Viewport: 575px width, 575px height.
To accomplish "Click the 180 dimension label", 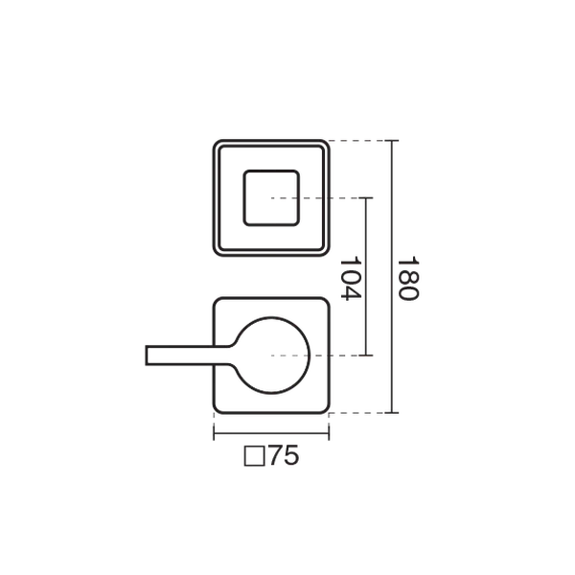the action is tap(408, 278).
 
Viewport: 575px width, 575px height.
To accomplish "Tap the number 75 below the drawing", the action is tap(285, 456).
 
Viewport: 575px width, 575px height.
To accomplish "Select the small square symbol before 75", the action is tap(255, 456).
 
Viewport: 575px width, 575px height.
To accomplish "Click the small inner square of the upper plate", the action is tap(271, 198).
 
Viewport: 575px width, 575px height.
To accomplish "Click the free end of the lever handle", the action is tap(147, 356).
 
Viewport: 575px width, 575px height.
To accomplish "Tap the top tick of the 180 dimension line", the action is tap(392, 141).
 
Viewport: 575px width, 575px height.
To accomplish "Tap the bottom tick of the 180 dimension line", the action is tap(392, 413).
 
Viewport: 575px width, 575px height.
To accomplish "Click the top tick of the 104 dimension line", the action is tap(366, 198).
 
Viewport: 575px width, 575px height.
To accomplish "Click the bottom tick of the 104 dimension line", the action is tap(366, 356).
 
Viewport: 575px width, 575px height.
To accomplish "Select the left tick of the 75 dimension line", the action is tap(214, 433).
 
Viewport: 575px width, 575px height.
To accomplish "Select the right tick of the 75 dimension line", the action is tap(329, 433).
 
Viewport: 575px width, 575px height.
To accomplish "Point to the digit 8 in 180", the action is tap(408, 278).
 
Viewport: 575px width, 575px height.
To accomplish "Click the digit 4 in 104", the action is tap(351, 293).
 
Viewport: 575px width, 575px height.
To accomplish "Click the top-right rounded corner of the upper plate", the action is tap(325, 144).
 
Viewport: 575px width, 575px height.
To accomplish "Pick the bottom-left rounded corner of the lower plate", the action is tap(218, 409).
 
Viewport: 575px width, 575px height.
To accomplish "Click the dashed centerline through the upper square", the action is tap(314, 198).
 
